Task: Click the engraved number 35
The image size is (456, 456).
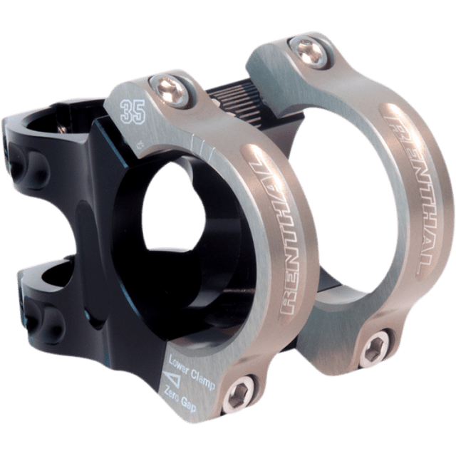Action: point(130,112)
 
